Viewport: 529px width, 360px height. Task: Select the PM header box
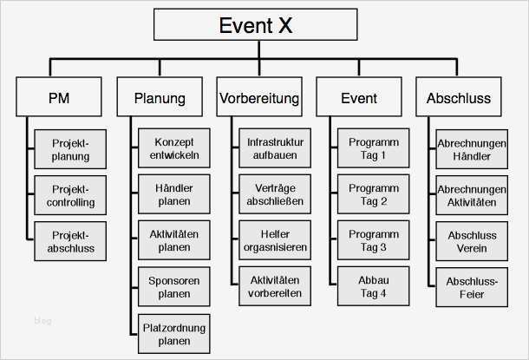point(58,97)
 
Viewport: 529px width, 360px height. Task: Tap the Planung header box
point(160,97)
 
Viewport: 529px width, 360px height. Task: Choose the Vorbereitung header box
point(259,97)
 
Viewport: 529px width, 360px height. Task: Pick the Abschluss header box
point(458,97)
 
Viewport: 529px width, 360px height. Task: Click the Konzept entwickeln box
point(174,149)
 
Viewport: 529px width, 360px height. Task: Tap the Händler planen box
point(174,195)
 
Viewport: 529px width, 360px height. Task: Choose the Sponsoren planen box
point(174,288)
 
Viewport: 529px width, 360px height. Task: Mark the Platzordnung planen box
point(174,335)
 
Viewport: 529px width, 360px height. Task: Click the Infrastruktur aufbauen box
point(273,149)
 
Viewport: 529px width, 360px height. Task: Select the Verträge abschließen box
point(273,195)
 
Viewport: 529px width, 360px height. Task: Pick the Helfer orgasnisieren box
point(273,241)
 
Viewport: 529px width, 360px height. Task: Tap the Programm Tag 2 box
point(373,195)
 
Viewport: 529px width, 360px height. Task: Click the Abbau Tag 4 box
point(373,288)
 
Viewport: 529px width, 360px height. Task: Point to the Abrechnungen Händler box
point(472,149)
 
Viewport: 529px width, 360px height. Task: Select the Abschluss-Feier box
point(472,288)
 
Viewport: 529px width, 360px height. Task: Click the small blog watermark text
point(42,321)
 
